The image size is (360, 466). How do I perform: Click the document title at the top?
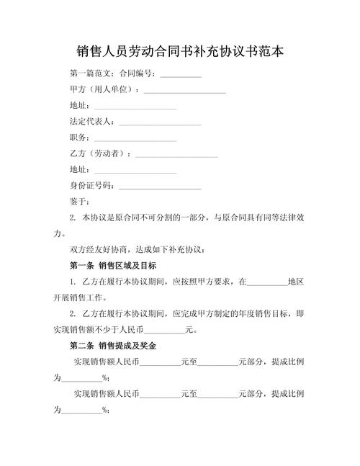[x=180, y=52]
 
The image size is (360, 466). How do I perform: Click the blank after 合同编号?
[x=180, y=75]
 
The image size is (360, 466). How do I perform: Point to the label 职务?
[x=79, y=138]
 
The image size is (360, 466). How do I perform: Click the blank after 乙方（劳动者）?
[x=176, y=153]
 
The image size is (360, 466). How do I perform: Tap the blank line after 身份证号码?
[x=160, y=186]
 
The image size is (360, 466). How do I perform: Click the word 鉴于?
[x=79, y=201]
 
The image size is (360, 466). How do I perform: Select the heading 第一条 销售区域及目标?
[x=113, y=265]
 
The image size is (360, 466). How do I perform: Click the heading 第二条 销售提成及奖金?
[x=113, y=346]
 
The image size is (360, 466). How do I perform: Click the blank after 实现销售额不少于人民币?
[x=164, y=331]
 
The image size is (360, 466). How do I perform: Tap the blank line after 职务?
[x=135, y=138]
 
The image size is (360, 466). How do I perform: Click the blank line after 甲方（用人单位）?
[x=185, y=91]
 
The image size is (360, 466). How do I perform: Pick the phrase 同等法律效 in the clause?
[x=282, y=218]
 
